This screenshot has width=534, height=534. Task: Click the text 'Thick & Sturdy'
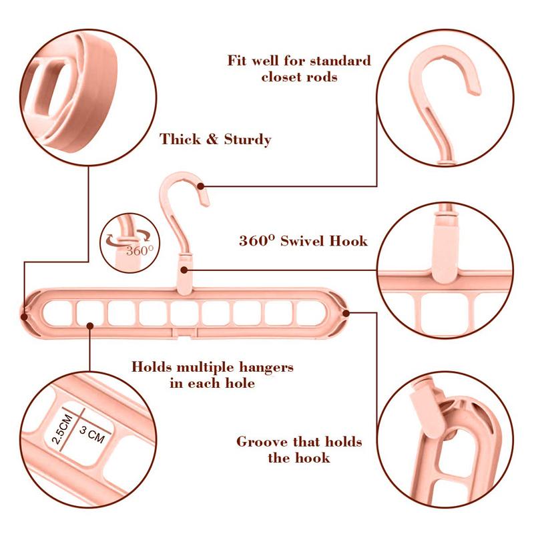coord(215,140)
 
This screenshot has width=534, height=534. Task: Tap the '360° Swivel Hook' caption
coord(303,240)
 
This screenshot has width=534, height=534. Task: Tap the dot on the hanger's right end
coord(346,312)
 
